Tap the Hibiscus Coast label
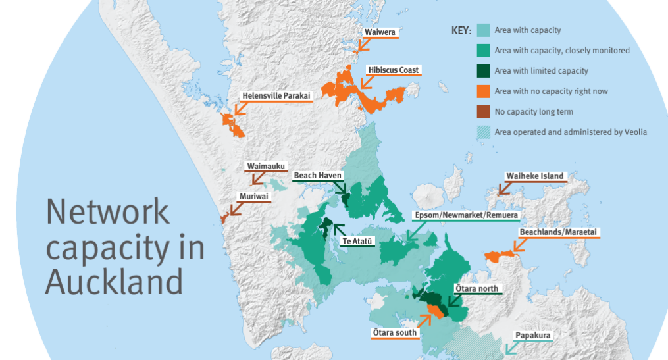point(394,70)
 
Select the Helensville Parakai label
point(276,95)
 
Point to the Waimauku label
point(266,167)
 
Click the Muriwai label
point(253,196)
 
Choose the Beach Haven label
point(317,176)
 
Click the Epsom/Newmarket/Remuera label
point(466,215)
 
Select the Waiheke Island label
point(534,176)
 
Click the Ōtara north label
point(477,288)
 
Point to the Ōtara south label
point(394,332)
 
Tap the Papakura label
point(532,335)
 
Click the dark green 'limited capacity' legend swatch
point(483,71)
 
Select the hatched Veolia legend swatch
point(483,132)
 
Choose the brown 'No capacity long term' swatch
point(483,112)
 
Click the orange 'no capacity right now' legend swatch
point(483,91)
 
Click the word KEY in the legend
point(461,31)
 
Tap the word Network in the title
point(108,213)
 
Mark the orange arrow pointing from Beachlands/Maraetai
point(520,245)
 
